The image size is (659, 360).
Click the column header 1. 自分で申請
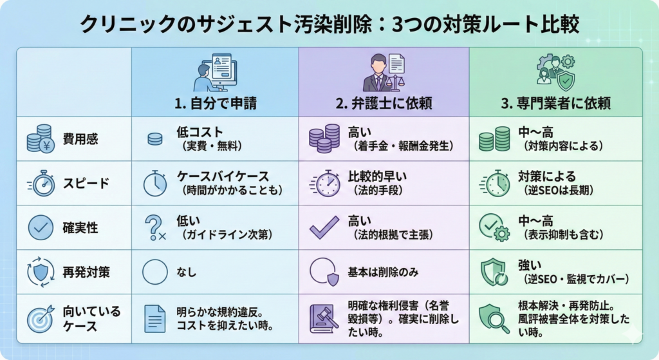(x=216, y=103)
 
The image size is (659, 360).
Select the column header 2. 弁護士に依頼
(x=384, y=103)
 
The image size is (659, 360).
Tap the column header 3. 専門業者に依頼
(x=557, y=103)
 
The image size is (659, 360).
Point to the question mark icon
(x=154, y=227)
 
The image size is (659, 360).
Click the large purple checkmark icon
(x=324, y=227)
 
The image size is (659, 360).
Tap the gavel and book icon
(x=324, y=317)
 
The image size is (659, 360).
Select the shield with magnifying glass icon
(x=494, y=317)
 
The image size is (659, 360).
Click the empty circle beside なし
(x=154, y=272)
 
